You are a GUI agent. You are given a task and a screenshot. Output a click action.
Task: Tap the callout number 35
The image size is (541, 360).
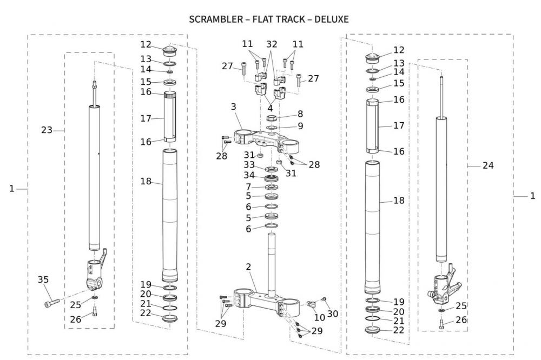[43, 279]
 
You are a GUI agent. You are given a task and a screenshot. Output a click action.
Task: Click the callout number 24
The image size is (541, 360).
[488, 166]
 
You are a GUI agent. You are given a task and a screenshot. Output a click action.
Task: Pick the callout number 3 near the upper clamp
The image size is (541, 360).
[233, 107]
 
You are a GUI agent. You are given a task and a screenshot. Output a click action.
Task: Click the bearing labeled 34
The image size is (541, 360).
[271, 177]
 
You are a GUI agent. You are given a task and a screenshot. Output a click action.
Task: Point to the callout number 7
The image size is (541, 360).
[248, 187]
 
